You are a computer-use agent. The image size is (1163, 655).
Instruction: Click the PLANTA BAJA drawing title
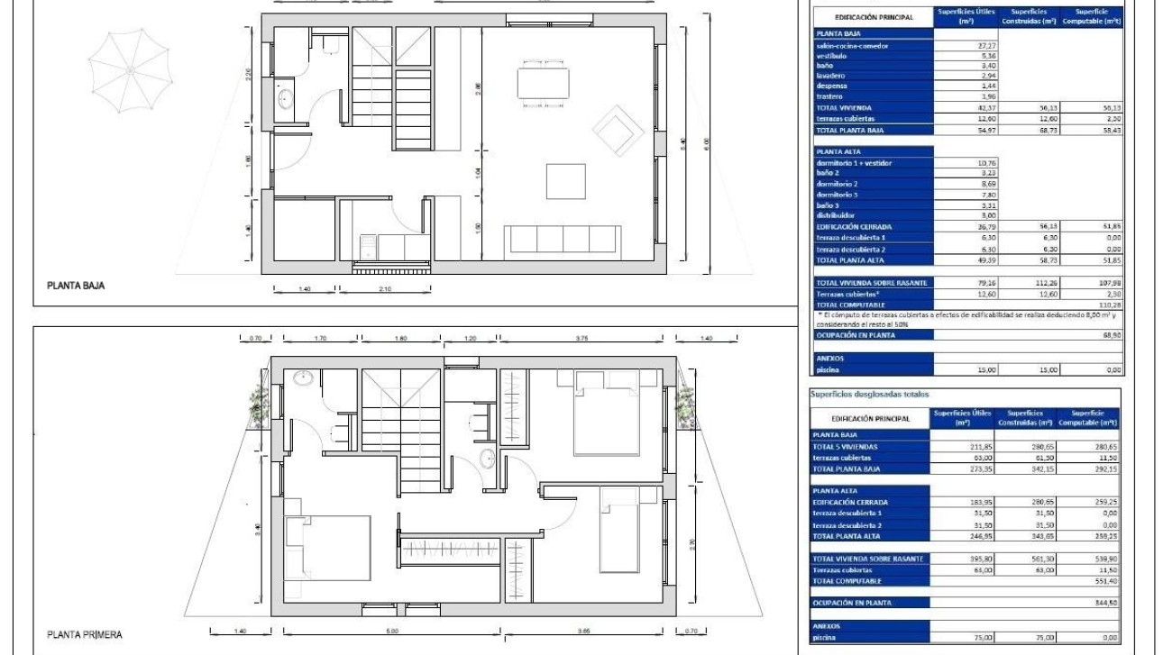pos(78,287)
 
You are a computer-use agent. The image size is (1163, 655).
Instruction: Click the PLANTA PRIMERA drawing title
pos(85,634)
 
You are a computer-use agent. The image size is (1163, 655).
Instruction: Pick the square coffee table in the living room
pos(565,180)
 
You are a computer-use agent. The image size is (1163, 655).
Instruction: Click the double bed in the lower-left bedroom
pos(329,547)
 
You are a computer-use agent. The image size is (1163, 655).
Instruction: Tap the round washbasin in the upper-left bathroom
pos(304,378)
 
